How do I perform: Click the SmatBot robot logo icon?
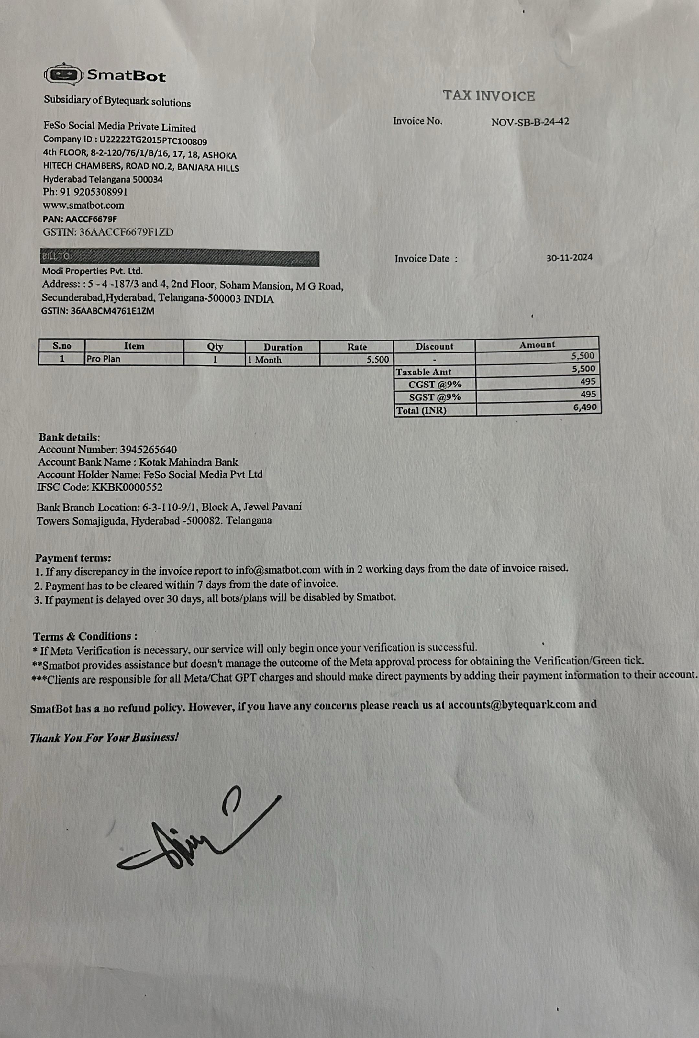(63, 74)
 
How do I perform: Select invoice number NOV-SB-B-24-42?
(530, 122)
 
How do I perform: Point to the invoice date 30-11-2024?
(569, 257)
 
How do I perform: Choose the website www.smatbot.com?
(83, 206)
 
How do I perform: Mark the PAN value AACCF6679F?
(91, 219)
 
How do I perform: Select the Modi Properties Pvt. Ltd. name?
(92, 271)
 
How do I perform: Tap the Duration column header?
(283, 347)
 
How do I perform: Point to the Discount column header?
(434, 346)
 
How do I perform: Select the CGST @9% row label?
(435, 384)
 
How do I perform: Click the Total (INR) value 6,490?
(584, 407)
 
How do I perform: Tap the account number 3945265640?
(148, 450)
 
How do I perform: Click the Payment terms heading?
(73, 558)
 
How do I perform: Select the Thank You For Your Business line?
(104, 738)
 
